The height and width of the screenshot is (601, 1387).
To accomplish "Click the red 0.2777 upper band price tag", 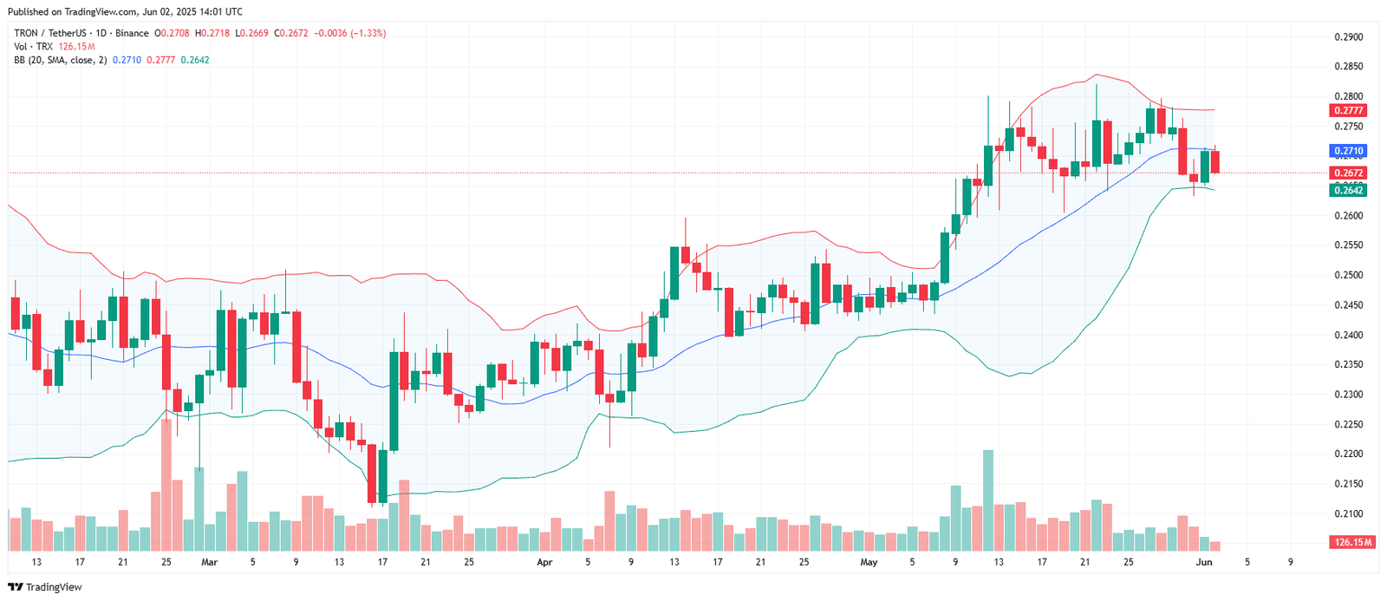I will pos(1348,111).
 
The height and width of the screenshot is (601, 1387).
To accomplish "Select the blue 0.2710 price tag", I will pos(1348,151).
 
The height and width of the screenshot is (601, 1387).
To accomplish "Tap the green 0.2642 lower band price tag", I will pos(1348,190).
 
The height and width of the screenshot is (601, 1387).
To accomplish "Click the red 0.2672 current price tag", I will pos(1348,173).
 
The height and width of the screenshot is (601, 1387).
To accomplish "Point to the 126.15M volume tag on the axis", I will pos(1351,542).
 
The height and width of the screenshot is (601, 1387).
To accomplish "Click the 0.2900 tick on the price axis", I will pos(1348,37).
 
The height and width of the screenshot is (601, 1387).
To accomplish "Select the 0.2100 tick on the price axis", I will pos(1348,513).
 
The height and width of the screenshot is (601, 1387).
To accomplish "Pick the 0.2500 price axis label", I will pos(1348,275).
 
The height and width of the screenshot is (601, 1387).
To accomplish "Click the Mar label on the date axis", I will pos(209,562).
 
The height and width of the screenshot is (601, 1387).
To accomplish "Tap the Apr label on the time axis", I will pos(544,562).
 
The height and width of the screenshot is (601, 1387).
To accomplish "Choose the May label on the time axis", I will pos(869,562).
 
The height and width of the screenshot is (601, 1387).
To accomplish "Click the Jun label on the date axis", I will pos(1204,562).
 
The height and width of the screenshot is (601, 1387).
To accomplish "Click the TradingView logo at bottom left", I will pos(45,587).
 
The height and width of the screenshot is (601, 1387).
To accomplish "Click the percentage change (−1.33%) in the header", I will pos(368,33).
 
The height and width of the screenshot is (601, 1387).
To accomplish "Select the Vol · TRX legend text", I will pos(33,47).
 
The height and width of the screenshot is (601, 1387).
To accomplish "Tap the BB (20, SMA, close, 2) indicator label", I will pos(60,60).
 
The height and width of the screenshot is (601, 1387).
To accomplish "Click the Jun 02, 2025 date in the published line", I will pos(174,12).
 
